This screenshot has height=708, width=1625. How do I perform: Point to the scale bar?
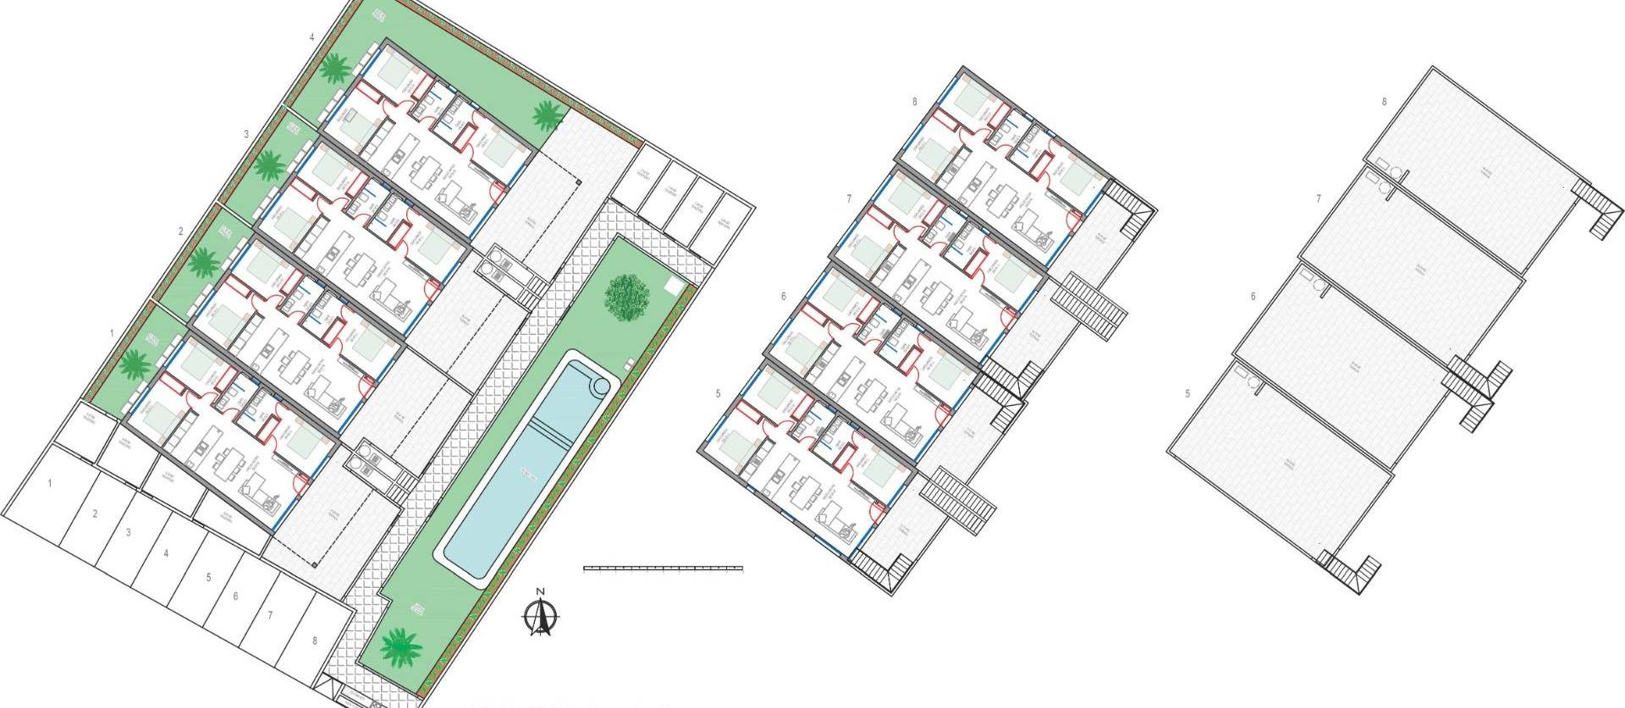click(664, 568)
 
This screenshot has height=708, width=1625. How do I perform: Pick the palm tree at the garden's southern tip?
click(400, 646)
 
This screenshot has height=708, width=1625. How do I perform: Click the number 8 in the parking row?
click(314, 641)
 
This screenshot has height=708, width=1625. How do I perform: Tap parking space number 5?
click(208, 578)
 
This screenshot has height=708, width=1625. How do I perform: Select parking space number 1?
click(51, 484)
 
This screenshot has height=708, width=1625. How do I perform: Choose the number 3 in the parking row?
click(128, 533)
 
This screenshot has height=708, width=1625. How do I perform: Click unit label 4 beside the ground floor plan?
click(312, 37)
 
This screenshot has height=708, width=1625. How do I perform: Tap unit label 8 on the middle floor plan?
click(916, 102)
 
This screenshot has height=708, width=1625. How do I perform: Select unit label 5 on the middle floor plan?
click(718, 393)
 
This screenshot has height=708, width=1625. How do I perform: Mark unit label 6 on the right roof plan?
click(1253, 296)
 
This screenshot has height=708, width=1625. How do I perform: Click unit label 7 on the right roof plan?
click(1319, 199)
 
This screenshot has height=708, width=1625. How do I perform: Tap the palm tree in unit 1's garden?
click(134, 365)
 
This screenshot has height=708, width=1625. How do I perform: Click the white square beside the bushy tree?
click(674, 285)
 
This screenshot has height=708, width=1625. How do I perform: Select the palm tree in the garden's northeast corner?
click(547, 114)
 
